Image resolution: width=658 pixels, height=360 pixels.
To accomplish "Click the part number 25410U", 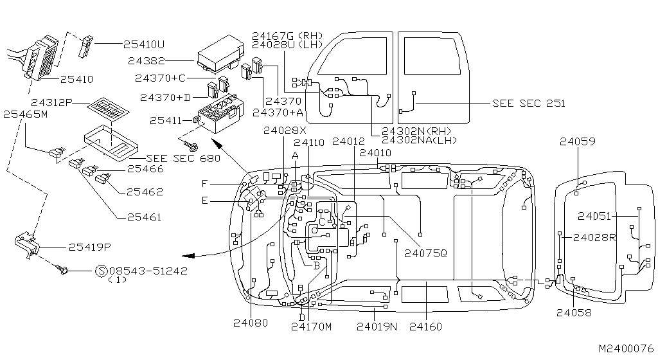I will [143, 44].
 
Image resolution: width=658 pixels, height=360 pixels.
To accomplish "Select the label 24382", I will [147, 61].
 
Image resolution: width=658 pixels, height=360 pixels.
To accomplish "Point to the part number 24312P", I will [52, 102].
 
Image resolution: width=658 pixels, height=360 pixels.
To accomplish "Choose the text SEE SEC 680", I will [183, 158].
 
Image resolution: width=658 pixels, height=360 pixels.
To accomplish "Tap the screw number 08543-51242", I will [148, 271].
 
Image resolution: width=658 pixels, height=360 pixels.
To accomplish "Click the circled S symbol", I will [101, 271].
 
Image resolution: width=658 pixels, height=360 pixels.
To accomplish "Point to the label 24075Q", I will [425, 253].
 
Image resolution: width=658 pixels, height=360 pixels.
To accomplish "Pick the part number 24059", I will [577, 141].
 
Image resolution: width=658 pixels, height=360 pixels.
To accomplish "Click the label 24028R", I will [594, 237].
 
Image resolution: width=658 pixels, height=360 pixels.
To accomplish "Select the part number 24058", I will [574, 312].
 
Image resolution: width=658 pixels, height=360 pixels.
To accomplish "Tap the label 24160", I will [425, 327].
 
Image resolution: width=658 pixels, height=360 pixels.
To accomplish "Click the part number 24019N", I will [377, 327].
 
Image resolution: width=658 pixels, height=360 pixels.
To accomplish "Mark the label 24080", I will [251, 323].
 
